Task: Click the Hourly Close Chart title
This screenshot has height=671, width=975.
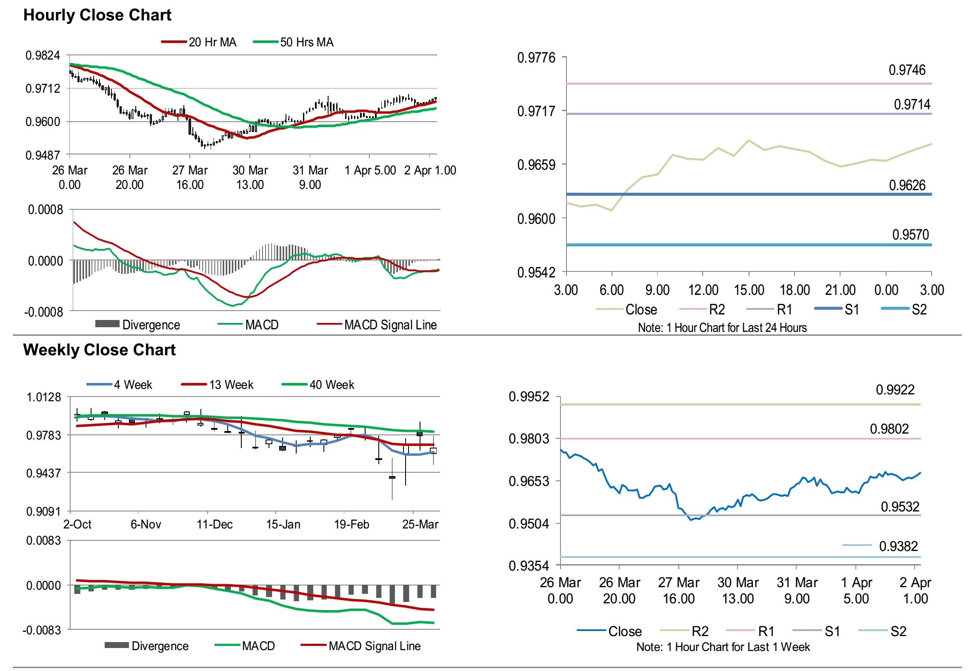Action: (x=97, y=15)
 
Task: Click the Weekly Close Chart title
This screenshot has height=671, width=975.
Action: (x=99, y=350)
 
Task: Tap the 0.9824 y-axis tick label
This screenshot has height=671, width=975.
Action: (x=43, y=55)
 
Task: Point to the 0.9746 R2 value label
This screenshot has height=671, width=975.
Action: (x=906, y=70)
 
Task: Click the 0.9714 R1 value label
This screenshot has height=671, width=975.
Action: (x=912, y=104)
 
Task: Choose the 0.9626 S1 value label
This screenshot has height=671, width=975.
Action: (x=907, y=185)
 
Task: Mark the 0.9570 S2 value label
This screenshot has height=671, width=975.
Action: (x=910, y=234)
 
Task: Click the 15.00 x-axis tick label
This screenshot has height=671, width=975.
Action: (x=749, y=290)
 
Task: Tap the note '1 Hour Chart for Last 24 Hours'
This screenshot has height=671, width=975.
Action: (x=722, y=328)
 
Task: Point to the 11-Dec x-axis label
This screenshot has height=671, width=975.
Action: (x=214, y=524)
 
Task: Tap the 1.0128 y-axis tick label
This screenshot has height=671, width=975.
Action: (x=44, y=397)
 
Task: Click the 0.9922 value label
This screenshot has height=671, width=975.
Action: (x=895, y=390)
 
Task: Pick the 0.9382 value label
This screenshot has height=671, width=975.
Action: (x=898, y=546)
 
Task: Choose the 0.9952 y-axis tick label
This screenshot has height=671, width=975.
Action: (x=529, y=397)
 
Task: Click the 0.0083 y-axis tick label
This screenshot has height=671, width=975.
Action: (x=43, y=541)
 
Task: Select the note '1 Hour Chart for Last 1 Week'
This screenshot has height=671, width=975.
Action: (x=723, y=647)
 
